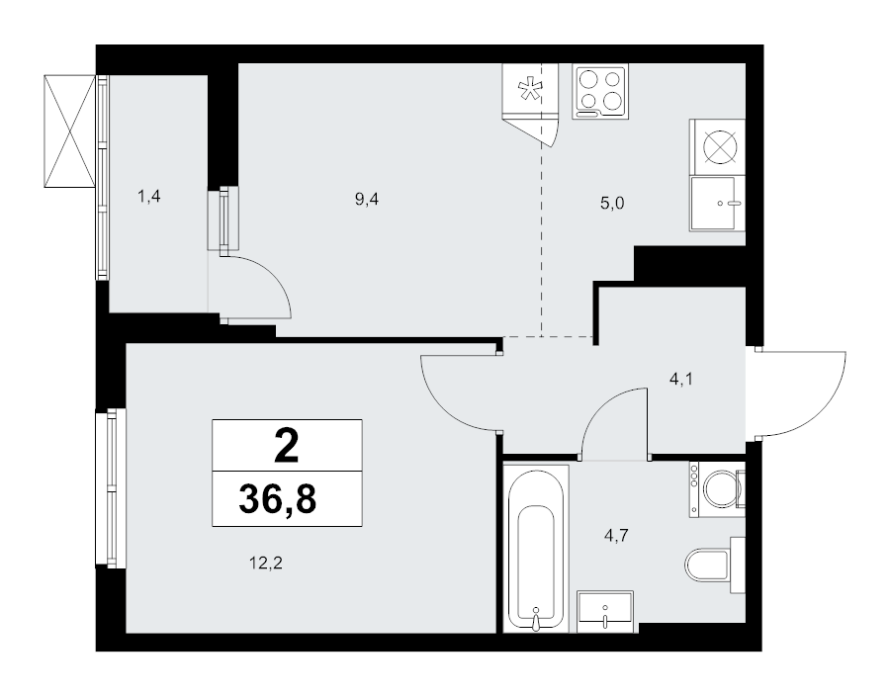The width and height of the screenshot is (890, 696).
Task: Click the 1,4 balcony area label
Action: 148,197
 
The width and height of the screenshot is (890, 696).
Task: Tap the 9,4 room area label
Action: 367,199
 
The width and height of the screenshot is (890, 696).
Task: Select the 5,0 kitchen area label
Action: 612,203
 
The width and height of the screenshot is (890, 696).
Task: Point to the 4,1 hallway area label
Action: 681,380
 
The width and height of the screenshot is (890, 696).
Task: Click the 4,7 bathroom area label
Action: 616,535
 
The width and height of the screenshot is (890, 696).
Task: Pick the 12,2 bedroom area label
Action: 266,563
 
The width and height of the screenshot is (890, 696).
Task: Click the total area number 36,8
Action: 278,499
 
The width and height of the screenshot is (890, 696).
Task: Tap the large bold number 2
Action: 287,446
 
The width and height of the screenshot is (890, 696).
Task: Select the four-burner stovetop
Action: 601,92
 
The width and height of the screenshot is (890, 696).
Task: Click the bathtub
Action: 536,549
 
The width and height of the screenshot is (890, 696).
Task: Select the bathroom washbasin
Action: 605,612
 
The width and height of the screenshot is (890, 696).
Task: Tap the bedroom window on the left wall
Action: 110,487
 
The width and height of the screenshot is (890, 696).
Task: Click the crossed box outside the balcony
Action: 69,131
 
